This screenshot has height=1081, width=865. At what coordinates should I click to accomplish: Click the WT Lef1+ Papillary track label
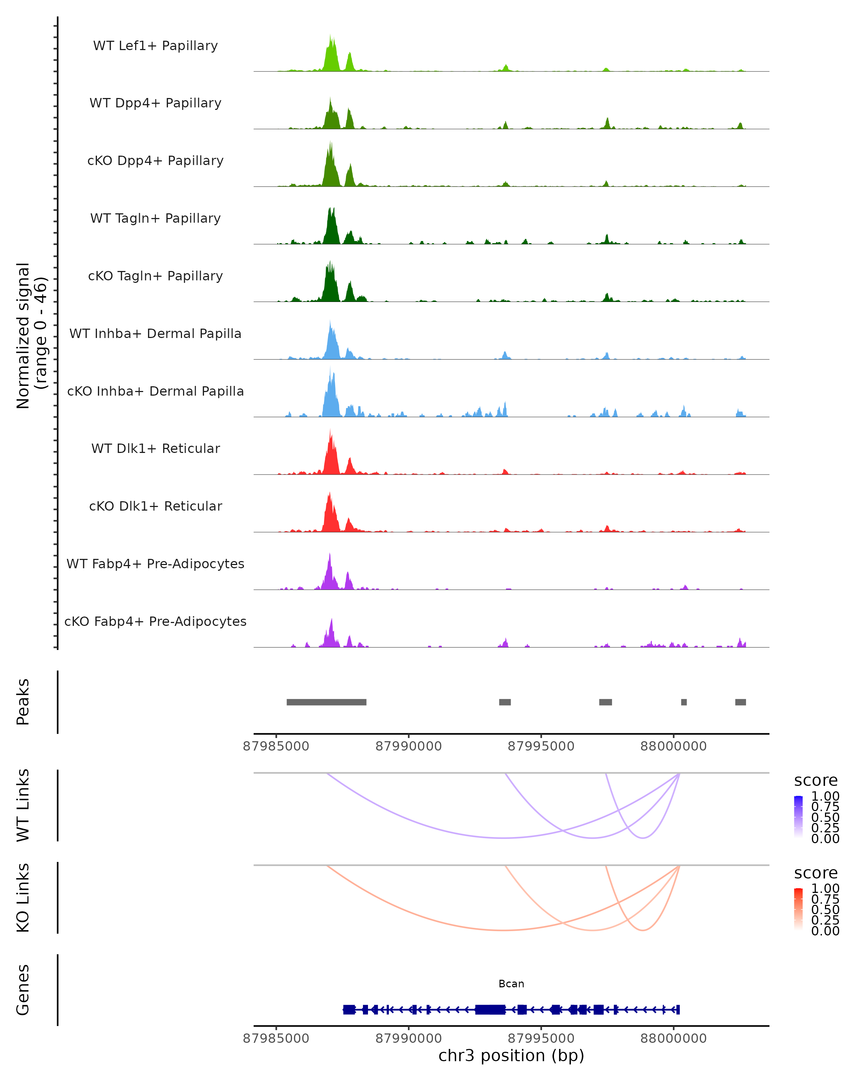[155, 46]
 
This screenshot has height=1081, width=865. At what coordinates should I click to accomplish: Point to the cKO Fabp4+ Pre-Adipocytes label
[155, 621]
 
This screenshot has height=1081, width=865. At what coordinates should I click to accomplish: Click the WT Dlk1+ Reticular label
[155, 448]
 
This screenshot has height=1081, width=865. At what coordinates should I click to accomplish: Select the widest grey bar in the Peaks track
[327, 702]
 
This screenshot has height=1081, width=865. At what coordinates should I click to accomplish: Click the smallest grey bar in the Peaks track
[684, 702]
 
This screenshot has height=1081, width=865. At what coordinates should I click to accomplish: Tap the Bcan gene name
[511, 984]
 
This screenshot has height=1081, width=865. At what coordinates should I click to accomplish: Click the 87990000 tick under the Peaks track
[409, 746]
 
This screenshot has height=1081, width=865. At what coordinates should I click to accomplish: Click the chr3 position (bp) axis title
[511, 1055]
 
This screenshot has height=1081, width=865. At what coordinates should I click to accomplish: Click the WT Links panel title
[23, 805]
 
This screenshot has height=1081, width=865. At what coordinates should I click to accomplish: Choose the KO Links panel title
[23, 898]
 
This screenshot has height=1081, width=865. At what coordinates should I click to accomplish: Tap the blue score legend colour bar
[798, 816]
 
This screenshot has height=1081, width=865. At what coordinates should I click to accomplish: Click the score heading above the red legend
[816, 873]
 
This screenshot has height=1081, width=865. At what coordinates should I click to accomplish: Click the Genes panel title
[23, 990]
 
